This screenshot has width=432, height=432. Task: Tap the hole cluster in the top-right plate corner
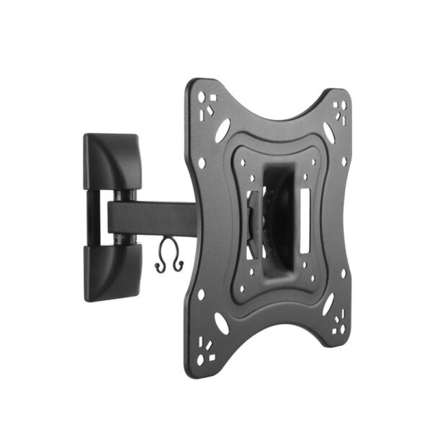click(339, 108)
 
